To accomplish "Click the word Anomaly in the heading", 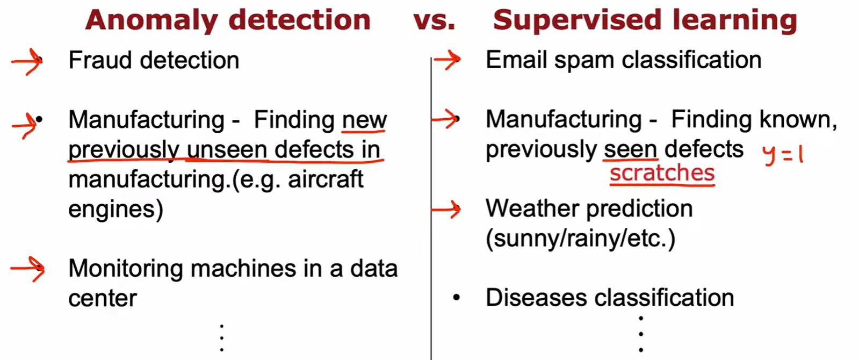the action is [152, 21].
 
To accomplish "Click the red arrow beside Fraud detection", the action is [26, 61].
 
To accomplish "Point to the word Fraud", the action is [100, 60].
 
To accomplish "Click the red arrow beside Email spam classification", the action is [447, 60].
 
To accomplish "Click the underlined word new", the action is [364, 120].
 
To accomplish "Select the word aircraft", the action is [326, 179].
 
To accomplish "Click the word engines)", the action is [116, 210].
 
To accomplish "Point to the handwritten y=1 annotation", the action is [783, 155].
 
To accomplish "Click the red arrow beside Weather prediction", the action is [445, 210].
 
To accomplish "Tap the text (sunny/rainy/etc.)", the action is [581, 239].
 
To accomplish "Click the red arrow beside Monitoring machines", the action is [27, 269].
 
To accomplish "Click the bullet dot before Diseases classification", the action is [456, 297].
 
